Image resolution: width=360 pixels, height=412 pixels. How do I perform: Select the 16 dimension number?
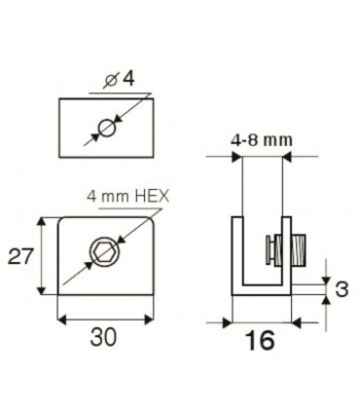coord(261,340)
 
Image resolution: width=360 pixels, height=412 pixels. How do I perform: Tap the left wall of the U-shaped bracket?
coord(234,253)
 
